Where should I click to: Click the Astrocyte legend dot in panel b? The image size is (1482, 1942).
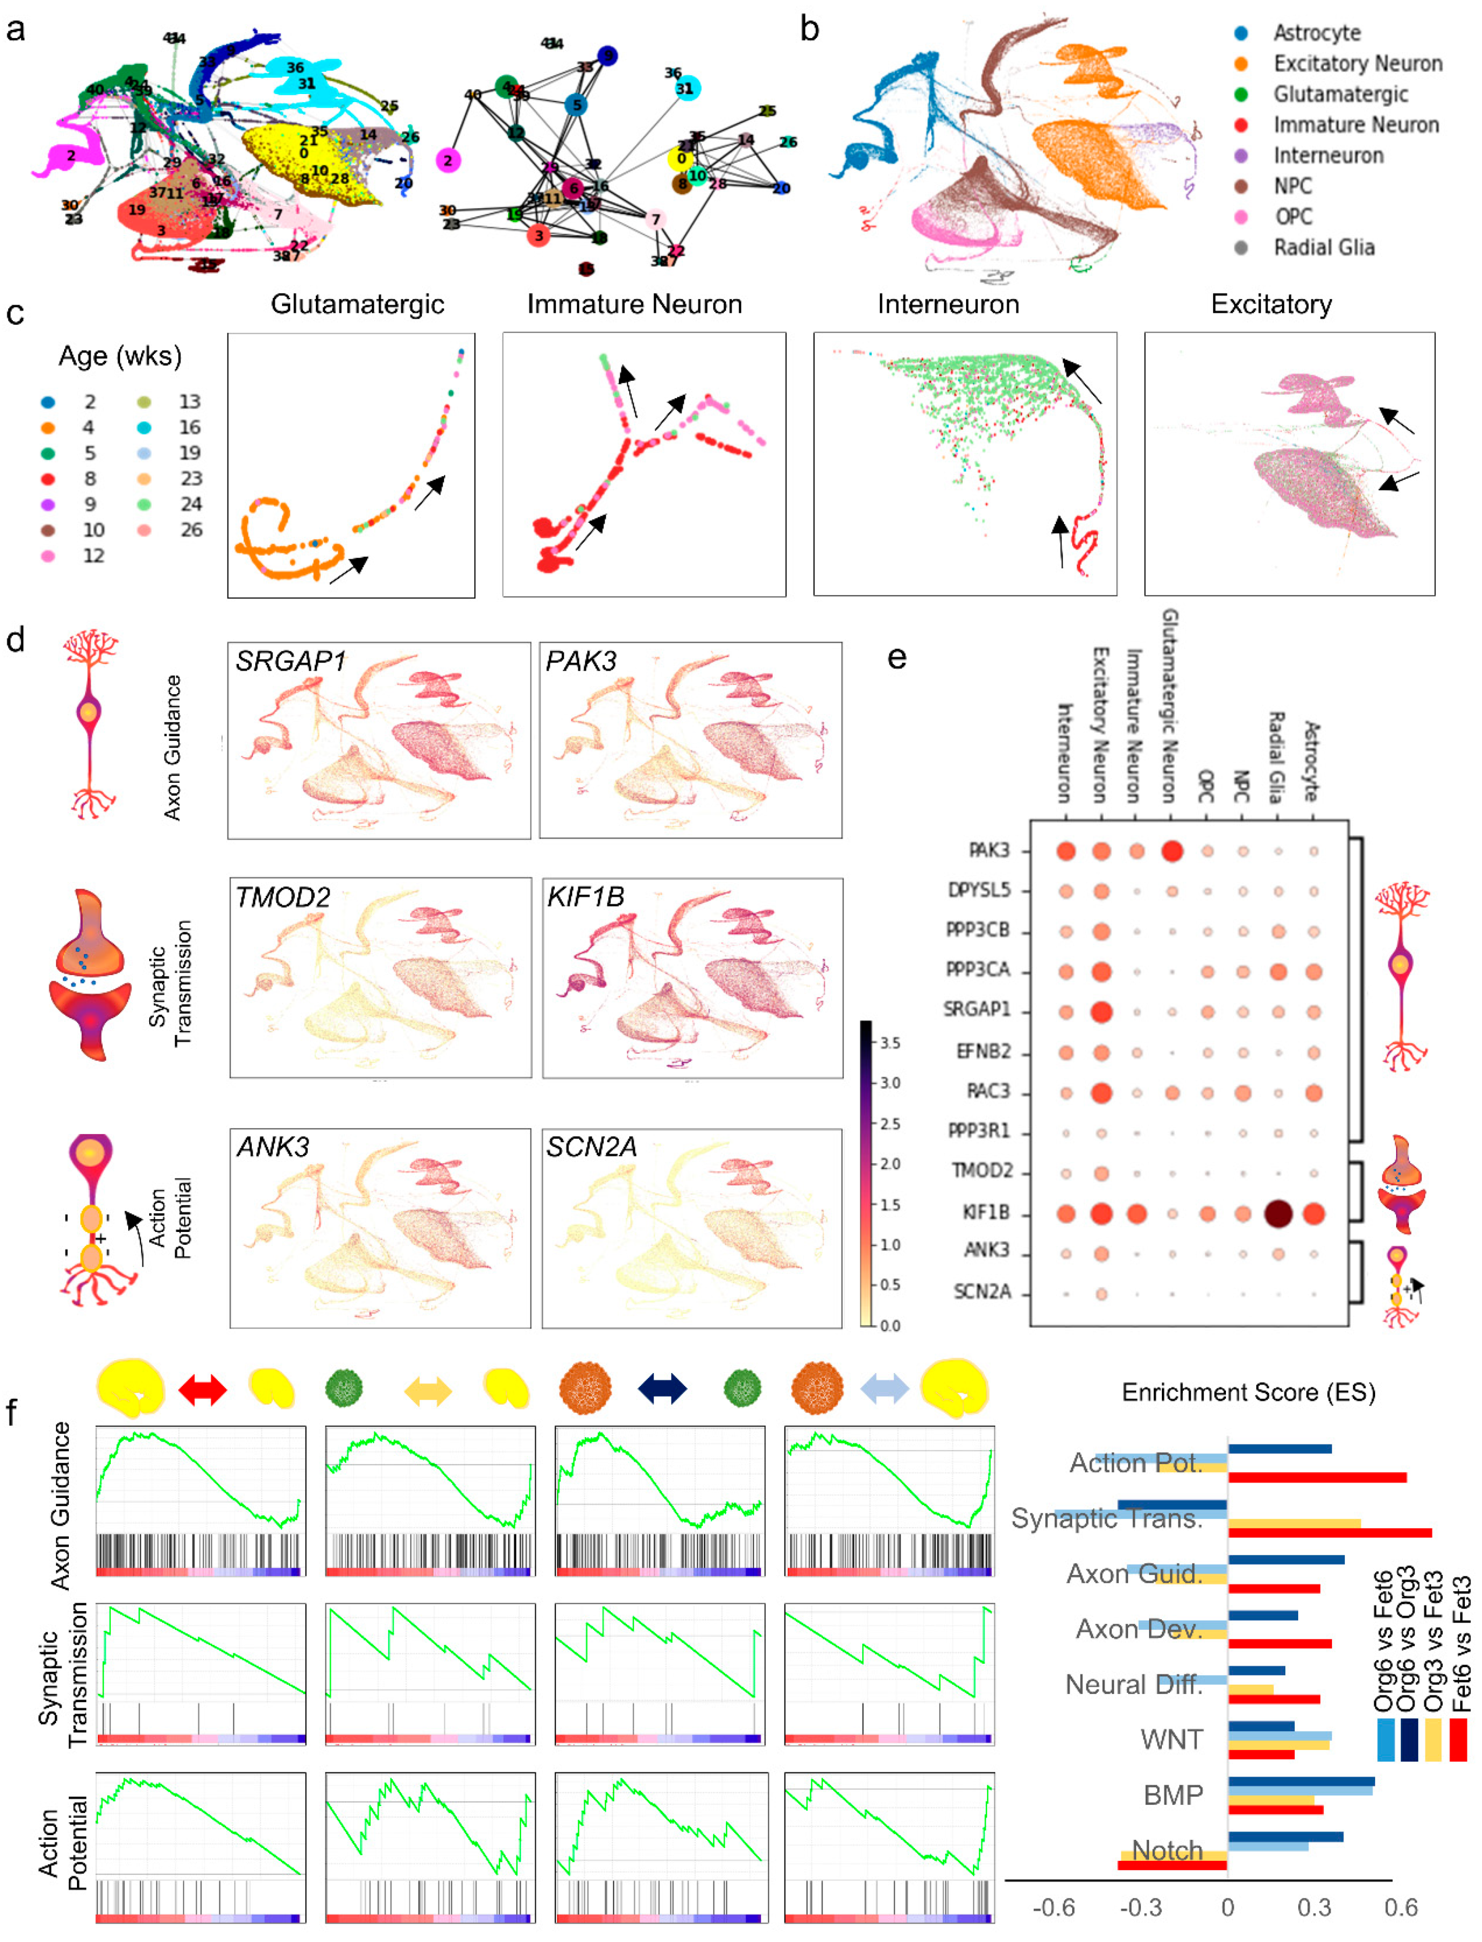pos(1241,34)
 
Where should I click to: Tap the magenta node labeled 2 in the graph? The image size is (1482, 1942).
pos(448,161)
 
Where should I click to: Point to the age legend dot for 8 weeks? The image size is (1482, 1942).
pos(48,479)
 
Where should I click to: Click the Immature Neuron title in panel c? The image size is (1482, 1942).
pos(634,304)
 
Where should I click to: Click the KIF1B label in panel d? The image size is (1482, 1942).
pos(585,897)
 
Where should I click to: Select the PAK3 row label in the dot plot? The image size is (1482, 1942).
pos(988,850)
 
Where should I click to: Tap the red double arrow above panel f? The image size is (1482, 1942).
pos(202,1390)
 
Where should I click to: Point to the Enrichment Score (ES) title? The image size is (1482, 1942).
pos(1248,1393)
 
